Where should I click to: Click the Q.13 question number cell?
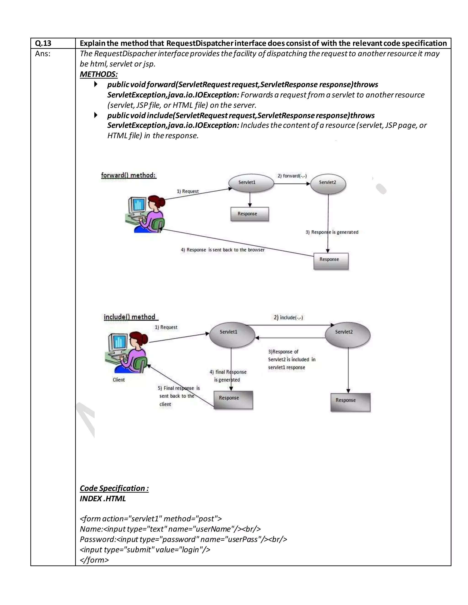pos(43,43)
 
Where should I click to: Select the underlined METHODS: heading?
pos(99,74)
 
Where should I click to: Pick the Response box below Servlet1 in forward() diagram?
pos(250,214)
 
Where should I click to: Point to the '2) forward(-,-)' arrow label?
pos(292,176)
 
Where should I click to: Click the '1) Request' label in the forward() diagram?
pos(188,191)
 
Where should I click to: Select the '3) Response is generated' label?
pos(332,232)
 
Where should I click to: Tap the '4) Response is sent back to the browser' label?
pos(223,250)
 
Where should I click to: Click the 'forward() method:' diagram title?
pos(129,175)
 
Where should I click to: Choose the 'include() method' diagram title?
pos(130,317)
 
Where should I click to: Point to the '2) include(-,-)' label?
pos(288,318)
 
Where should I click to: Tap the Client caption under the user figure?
pos(119,380)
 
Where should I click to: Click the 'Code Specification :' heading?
pos(114,488)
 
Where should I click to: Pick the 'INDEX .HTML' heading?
pos(103,499)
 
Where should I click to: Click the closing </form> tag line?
pos(94,560)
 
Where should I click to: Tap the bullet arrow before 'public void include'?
pos(96,115)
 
